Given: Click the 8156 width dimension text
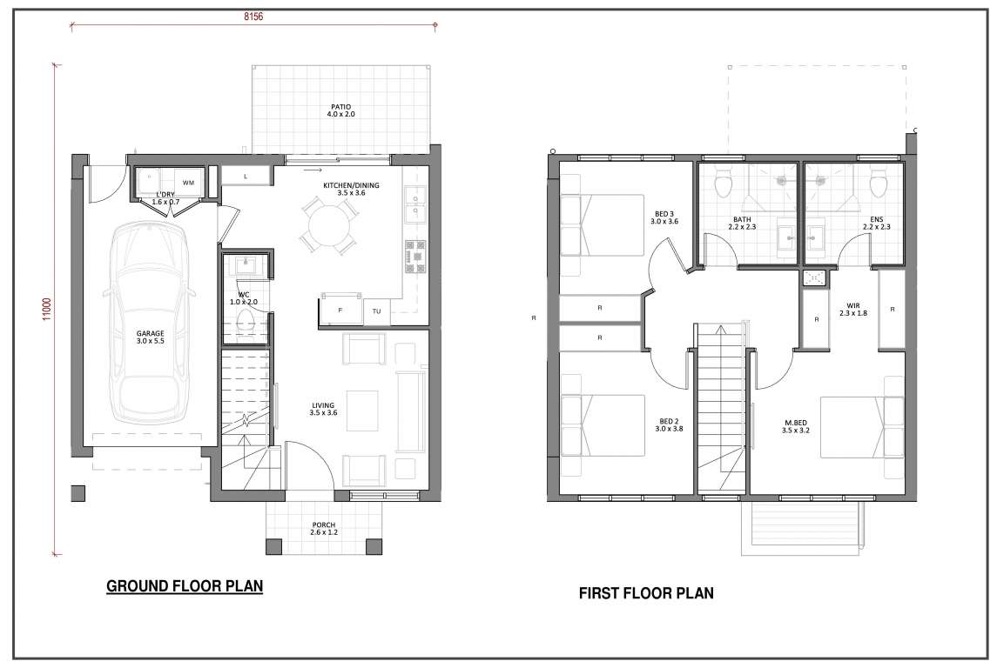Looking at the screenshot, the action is (x=253, y=17).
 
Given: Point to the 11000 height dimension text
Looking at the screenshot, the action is (x=47, y=310).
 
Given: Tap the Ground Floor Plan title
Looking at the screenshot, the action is (x=185, y=586).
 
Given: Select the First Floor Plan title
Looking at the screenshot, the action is (x=646, y=593).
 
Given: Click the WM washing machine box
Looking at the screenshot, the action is (x=189, y=183).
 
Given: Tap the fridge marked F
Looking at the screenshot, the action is (x=340, y=310).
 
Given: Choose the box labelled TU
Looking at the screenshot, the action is (x=377, y=311).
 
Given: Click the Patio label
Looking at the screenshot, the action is (x=340, y=110).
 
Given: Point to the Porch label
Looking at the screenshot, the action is (x=324, y=528).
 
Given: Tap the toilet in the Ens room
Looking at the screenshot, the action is (x=878, y=184).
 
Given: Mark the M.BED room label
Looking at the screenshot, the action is (x=796, y=427).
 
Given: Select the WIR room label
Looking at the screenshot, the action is (x=853, y=310).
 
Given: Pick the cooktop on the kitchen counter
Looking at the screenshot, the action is (x=415, y=256).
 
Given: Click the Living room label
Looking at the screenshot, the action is (x=324, y=409).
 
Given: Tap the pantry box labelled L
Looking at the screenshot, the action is (x=246, y=176).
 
